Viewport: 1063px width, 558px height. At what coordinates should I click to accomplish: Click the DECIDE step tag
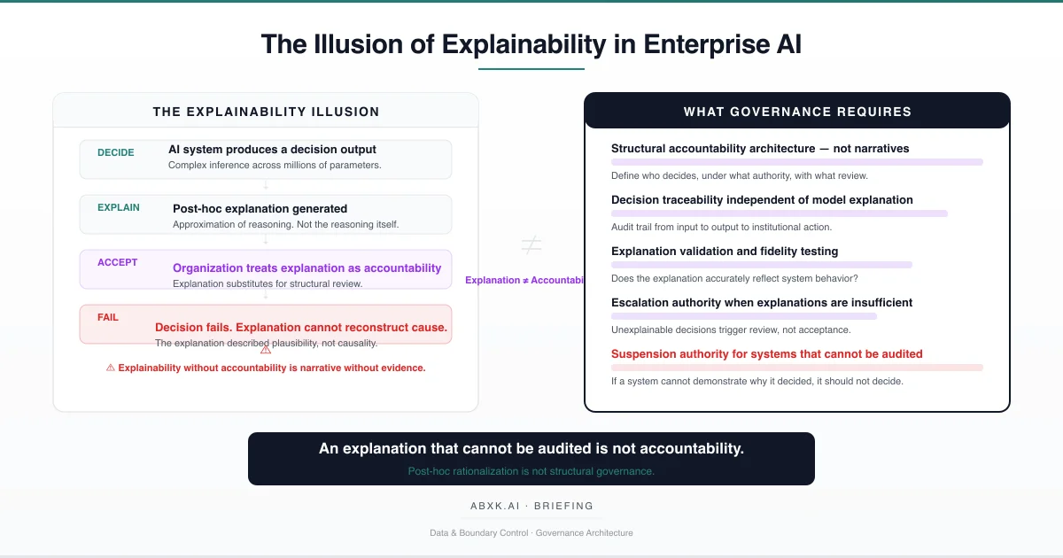pyautogui.click(x=116, y=152)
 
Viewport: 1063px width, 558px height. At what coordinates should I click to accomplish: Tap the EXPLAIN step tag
pyautogui.click(x=119, y=207)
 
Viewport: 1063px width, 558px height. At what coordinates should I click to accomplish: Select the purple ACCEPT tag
pyautogui.click(x=118, y=262)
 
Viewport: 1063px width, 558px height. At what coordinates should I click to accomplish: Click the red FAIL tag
pyautogui.click(x=108, y=317)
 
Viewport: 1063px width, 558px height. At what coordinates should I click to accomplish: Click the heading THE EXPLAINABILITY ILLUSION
pyautogui.click(x=266, y=112)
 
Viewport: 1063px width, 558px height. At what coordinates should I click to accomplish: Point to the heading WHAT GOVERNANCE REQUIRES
pyautogui.click(x=797, y=112)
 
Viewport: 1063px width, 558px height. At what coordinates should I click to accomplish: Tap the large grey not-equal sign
pyautogui.click(x=531, y=245)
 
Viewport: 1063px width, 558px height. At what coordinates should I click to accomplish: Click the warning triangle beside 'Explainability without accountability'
pyautogui.click(x=111, y=368)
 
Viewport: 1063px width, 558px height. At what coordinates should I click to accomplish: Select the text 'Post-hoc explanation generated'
pyautogui.click(x=260, y=209)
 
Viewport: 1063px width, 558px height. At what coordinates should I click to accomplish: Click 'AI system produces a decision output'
pyautogui.click(x=272, y=150)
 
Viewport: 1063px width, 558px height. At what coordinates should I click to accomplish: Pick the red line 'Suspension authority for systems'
pyautogui.click(x=766, y=354)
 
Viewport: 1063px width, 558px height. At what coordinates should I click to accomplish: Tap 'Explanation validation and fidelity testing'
pyautogui.click(x=725, y=252)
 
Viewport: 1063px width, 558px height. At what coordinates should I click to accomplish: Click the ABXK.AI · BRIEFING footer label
pyautogui.click(x=531, y=507)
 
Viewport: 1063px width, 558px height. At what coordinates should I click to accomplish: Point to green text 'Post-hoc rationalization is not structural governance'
pyautogui.click(x=531, y=471)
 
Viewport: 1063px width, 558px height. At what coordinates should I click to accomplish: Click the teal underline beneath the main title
pyautogui.click(x=531, y=68)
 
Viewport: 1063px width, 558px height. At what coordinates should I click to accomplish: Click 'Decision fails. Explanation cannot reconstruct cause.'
pyautogui.click(x=301, y=328)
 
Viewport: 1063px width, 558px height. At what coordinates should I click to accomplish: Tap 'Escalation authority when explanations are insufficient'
pyautogui.click(x=761, y=303)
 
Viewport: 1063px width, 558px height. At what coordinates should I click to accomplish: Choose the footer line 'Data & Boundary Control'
pyautogui.click(x=531, y=533)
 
